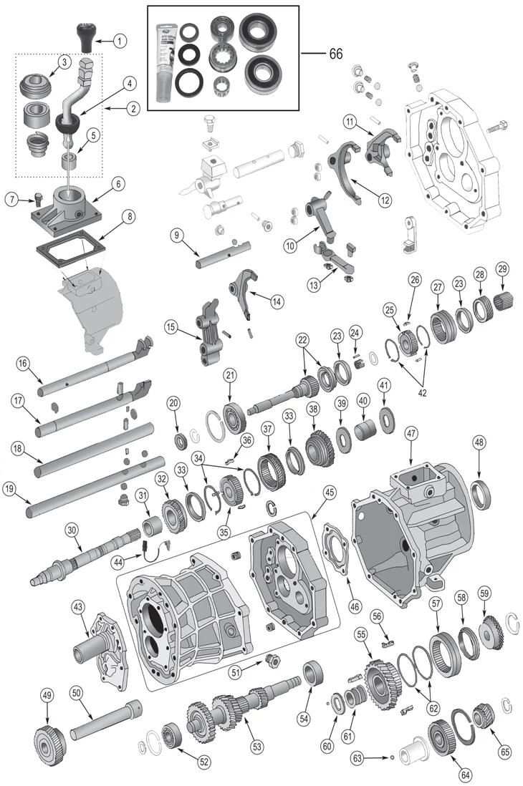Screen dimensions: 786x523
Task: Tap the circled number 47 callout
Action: pos(411,434)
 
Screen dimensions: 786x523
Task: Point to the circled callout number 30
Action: pos(72,530)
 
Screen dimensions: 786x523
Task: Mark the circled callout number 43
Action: pos(78,607)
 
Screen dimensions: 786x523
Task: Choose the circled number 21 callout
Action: pos(230,376)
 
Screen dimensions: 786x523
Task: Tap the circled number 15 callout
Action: pos(171,328)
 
